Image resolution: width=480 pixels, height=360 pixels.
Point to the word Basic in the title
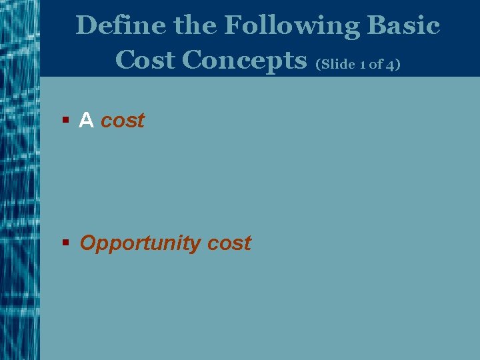[x=403, y=26]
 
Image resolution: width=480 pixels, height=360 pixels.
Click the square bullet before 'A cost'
[x=65, y=121]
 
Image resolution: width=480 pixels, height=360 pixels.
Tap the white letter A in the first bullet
[x=86, y=121]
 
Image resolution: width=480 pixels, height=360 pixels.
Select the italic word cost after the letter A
[x=122, y=121]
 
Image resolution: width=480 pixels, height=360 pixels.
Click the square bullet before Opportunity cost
[x=65, y=243]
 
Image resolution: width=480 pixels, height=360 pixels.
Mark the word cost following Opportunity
[x=229, y=243]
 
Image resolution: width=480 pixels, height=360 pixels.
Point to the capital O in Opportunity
[x=88, y=243]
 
